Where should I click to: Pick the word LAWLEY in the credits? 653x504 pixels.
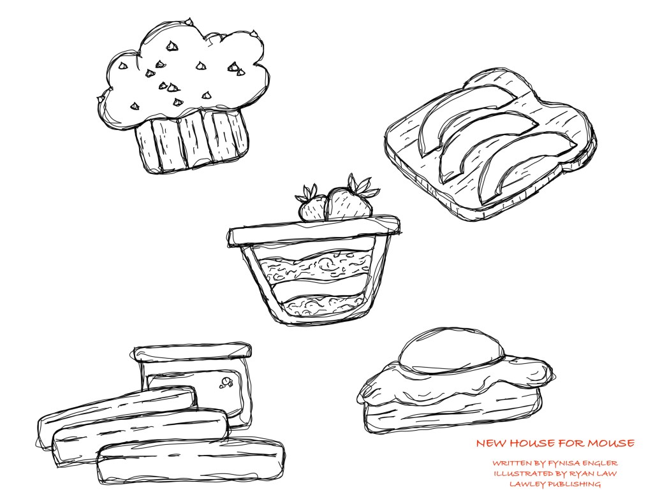coord(527,484)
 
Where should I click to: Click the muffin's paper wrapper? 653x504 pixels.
coord(191,140)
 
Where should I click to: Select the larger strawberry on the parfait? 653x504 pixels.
coord(348,203)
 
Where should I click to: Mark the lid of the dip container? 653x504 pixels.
coord(193,352)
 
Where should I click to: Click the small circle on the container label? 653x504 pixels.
coord(226,381)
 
